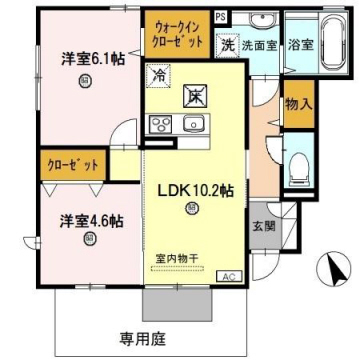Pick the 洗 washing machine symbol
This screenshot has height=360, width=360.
[228, 44]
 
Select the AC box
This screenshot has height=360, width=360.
[226, 275]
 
